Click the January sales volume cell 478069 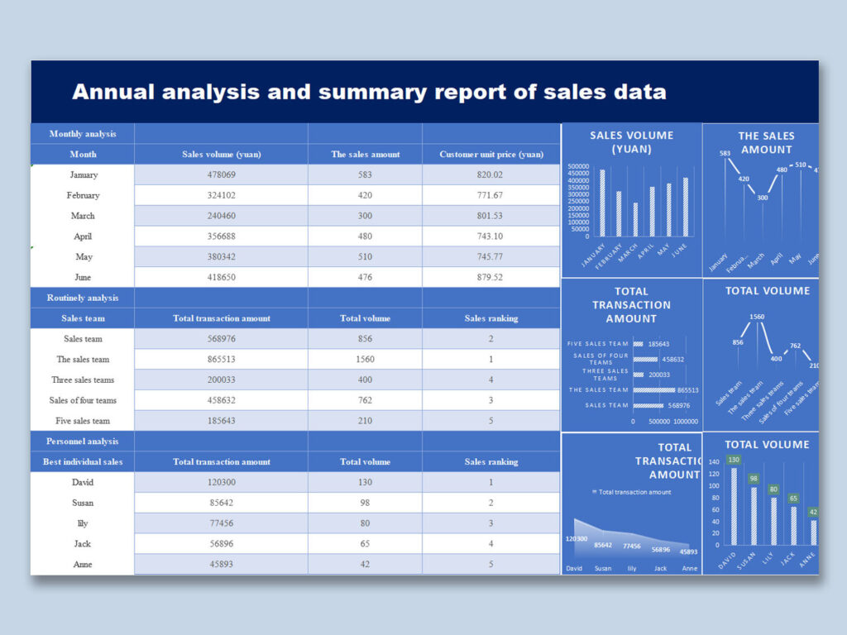[221, 174]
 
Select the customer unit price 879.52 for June [490, 277]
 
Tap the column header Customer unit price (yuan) [490, 154]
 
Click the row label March [83, 216]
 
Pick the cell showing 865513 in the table [221, 359]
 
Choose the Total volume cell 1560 [365, 359]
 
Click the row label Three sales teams [83, 380]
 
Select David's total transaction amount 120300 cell [221, 482]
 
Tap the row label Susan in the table [83, 503]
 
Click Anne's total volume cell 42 [365, 564]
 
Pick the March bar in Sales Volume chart [635, 219]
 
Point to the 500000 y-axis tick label [578, 166]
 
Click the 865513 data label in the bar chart [687, 390]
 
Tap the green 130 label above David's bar [733, 460]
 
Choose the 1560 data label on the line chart [757, 317]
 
